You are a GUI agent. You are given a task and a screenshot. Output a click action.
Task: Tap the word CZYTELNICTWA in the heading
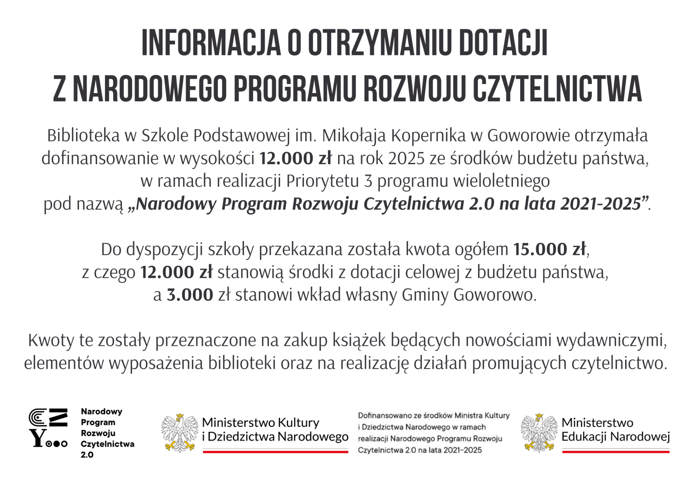tap(557, 89)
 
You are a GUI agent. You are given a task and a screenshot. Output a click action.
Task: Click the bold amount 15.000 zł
tap(549, 249)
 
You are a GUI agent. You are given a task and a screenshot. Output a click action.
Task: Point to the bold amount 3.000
tap(190, 295)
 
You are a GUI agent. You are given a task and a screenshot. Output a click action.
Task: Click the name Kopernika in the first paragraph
tap(428, 136)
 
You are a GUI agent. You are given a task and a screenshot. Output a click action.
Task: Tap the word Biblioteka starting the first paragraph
tap(83, 136)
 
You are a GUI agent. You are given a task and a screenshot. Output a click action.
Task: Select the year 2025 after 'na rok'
tap(406, 158)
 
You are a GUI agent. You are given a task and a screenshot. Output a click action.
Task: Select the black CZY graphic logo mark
tap(48, 428)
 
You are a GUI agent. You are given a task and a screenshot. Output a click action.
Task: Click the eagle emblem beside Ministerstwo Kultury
tap(180, 433)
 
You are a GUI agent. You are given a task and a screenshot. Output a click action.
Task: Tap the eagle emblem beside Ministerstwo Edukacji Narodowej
tap(539, 433)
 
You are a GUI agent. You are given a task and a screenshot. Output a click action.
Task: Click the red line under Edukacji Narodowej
tap(615, 452)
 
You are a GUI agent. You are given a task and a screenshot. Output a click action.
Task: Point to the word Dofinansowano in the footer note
tap(383, 416)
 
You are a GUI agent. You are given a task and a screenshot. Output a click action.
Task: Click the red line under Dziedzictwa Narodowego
tap(275, 452)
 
